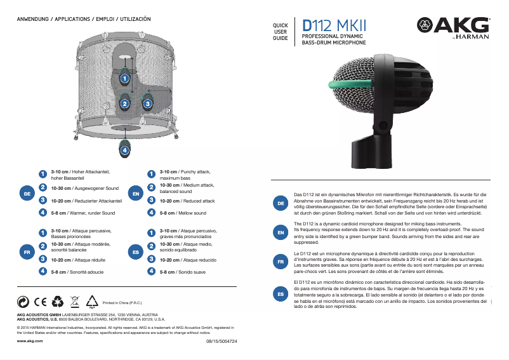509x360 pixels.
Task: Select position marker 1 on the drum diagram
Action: point(125,78)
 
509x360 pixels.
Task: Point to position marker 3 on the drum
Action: point(147,103)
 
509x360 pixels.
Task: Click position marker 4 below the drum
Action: point(125,150)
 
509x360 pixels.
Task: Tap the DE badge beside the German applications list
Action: point(27,192)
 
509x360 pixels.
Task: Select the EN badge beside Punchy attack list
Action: point(135,192)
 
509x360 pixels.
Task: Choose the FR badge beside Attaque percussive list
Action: point(27,252)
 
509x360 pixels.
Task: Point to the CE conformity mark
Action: point(39,303)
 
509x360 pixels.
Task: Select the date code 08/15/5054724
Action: point(221,342)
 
